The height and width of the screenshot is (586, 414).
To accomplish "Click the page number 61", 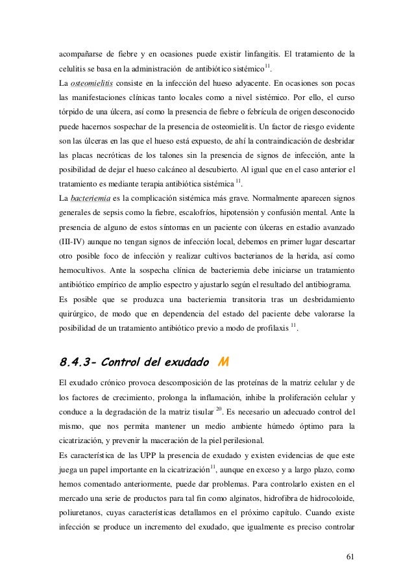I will (x=350, y=556).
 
